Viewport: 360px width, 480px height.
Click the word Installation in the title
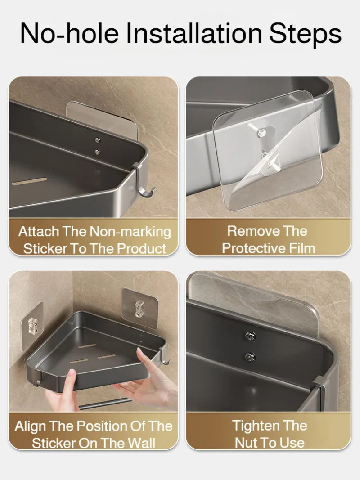pos(194,33)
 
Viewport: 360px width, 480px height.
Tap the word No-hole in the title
pos(69,33)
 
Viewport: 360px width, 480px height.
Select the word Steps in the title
pos(305,34)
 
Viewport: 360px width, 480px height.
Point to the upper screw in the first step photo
pos(98,140)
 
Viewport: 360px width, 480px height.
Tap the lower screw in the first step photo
pos(97,152)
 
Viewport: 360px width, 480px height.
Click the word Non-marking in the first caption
pos(130,232)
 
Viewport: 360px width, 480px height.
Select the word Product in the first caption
pos(142,249)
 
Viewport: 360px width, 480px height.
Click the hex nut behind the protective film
pos(262,134)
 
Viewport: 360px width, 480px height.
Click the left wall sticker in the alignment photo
pos(32,326)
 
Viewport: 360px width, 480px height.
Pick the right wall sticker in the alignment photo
pos(140,308)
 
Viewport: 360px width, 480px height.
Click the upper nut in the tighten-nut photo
pos(250,336)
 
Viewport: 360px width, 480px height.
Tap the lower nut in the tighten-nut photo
pos(250,357)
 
